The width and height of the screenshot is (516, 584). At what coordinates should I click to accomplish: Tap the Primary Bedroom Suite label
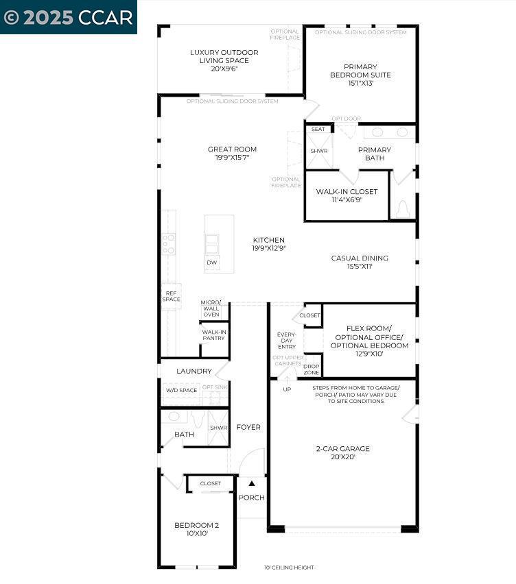click(x=360, y=75)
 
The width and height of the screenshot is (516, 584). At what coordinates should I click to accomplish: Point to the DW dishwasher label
click(x=212, y=263)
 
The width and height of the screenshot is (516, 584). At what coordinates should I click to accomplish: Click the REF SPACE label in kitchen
click(x=171, y=296)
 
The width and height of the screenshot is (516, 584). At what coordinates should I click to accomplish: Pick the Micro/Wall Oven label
click(x=211, y=308)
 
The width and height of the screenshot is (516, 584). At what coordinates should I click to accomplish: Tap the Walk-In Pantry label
click(x=213, y=335)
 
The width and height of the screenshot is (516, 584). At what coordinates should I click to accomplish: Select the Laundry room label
click(x=194, y=371)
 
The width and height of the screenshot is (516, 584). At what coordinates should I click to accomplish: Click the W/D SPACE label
click(x=181, y=390)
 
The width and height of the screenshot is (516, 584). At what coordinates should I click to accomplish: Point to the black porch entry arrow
click(x=251, y=484)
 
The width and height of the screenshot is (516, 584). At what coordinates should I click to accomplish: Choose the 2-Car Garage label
click(x=342, y=453)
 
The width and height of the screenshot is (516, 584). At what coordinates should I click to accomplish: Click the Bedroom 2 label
click(x=196, y=529)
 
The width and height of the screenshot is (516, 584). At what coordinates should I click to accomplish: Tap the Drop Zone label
click(x=311, y=368)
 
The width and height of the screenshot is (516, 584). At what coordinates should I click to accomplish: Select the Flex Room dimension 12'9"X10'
click(x=369, y=354)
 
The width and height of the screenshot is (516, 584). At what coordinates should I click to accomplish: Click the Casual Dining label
click(x=360, y=262)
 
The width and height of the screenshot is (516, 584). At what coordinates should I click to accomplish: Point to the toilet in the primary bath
click(x=403, y=208)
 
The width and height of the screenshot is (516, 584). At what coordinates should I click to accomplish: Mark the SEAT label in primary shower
click(x=318, y=129)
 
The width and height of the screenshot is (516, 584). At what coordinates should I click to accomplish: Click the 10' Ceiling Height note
click(x=289, y=568)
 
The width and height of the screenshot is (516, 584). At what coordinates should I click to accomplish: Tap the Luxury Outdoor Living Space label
click(x=224, y=60)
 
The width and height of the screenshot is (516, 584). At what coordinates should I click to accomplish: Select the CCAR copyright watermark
click(x=68, y=17)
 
